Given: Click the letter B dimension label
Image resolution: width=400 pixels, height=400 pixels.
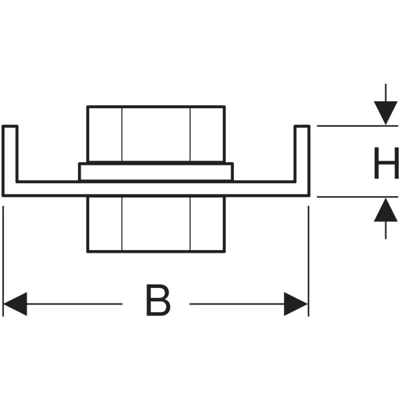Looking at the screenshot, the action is pos(158,300).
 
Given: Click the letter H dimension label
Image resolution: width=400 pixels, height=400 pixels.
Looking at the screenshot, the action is pos(386,163).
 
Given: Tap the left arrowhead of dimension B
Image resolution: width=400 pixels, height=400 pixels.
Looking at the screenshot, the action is pos(15,304).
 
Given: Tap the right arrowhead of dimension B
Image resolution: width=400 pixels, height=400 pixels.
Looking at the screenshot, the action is pos(295,304).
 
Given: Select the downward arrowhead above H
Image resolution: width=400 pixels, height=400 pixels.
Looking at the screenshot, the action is pos(385,113).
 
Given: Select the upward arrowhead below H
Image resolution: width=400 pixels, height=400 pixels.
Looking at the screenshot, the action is pos(385,210).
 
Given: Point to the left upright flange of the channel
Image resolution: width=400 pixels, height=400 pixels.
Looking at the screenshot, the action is pos(10,154).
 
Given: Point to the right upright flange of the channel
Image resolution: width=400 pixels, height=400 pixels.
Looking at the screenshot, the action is pos(302,154).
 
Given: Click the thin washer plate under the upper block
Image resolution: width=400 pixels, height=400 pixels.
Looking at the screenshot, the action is pos(155,172).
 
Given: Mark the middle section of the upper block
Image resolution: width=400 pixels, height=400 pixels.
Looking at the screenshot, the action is pos(156,134).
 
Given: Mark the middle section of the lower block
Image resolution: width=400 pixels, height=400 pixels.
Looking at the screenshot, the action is pos(156,224).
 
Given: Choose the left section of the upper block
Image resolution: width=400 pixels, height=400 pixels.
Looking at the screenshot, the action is pos(105,134).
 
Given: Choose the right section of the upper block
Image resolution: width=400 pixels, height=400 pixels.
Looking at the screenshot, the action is pos(207,134).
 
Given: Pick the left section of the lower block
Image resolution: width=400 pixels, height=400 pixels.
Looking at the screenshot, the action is pos(105,224).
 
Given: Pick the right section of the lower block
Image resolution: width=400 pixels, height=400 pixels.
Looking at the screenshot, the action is pos(207,224).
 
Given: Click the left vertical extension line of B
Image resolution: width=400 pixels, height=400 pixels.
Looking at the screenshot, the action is pos(3,261).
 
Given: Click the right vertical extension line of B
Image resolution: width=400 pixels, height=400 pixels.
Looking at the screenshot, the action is pos(309,261).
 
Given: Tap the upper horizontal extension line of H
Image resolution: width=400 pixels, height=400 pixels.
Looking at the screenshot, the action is pos(357,126).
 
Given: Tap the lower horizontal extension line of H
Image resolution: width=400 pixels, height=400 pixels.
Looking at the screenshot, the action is pos(357,197).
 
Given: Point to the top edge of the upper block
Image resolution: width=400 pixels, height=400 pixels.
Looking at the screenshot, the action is pos(156,106).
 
